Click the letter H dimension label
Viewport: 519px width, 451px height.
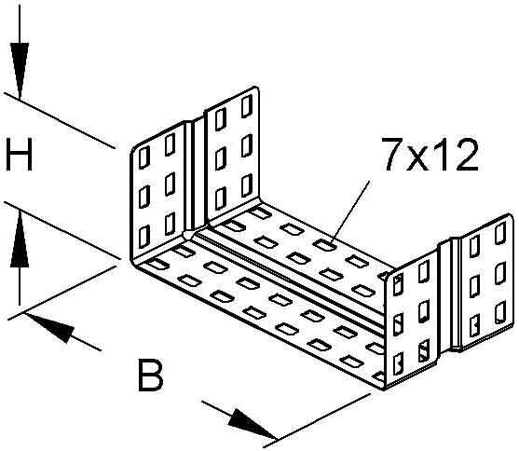[x=20, y=155]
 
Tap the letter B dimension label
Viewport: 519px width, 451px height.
[x=150, y=375]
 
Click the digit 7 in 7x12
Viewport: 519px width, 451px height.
[x=393, y=155]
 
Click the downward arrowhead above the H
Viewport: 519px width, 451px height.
[x=20, y=71]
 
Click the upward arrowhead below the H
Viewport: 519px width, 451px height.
[x=20, y=239]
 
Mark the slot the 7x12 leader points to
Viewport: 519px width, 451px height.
[x=324, y=245]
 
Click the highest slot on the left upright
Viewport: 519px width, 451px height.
[x=247, y=106]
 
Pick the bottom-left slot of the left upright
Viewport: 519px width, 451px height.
[x=144, y=237]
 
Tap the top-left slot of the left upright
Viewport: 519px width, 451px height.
[x=144, y=157]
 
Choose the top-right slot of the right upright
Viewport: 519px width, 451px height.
[x=500, y=233]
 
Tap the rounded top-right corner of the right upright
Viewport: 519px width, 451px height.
[x=511, y=217]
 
